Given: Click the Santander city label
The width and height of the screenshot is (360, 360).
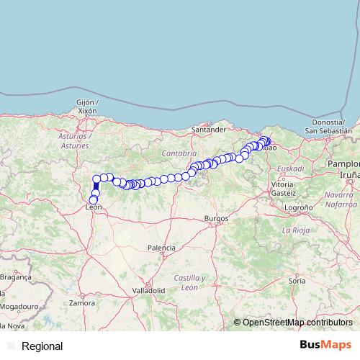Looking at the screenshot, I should coord(210,130).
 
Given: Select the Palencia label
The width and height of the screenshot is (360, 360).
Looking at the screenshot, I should coord(161,248).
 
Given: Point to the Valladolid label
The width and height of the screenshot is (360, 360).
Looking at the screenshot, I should coord(148,290).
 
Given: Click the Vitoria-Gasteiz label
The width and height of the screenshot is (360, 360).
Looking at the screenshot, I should coord(283,189).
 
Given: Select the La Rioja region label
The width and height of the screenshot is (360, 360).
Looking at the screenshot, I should coord(294,230).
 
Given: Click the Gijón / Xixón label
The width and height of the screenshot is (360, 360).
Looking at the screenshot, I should coord(87,107).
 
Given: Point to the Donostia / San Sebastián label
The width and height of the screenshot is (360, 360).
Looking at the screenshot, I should coord(328,127).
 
